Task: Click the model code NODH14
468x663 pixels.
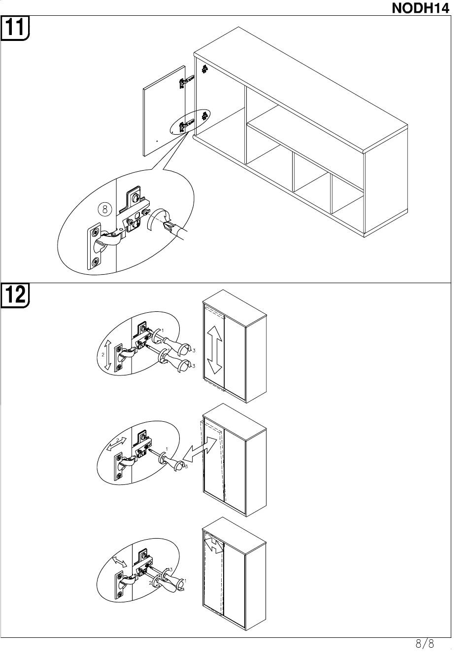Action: pos(421,8)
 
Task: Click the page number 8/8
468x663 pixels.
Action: pos(424,644)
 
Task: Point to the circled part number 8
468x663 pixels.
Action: pos(104,209)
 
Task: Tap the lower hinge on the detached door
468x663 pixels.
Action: pos(186,126)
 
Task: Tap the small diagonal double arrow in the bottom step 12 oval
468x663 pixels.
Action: pos(119,561)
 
